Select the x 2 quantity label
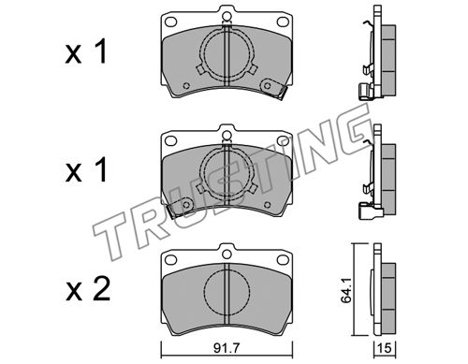pyautogui.click(x=88, y=289)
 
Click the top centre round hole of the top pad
pyautogui.click(x=227, y=16)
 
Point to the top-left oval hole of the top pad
pyautogui.click(x=170, y=22)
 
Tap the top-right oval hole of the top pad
pyautogui.click(x=283, y=22)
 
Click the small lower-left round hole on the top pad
pyautogui.click(x=186, y=85)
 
